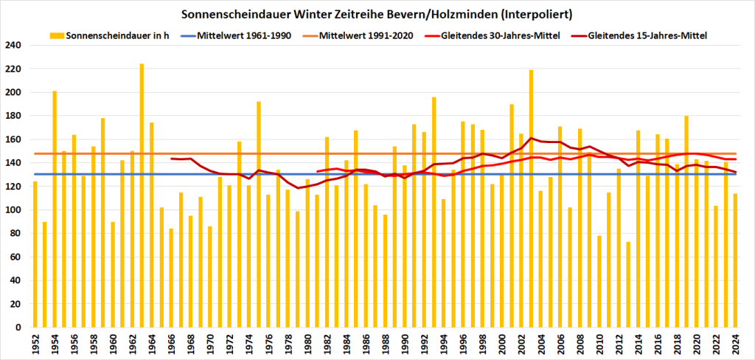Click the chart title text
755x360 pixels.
point(377,14)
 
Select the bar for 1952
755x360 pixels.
point(35,255)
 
